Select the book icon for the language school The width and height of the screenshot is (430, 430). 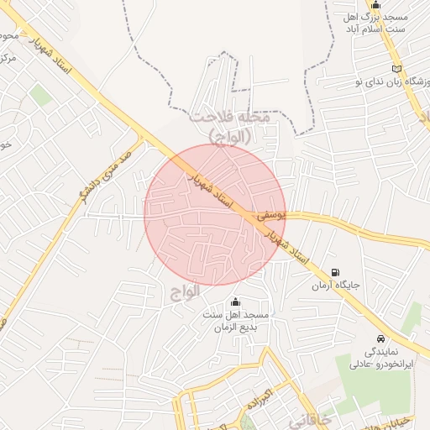coord(396,68)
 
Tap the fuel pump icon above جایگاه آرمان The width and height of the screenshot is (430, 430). coord(337,272)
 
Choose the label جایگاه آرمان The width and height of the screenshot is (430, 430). coord(336,286)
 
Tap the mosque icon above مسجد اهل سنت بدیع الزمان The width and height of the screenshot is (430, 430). coord(234,302)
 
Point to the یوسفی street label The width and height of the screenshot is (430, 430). coord(270,215)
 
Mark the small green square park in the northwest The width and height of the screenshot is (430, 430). coord(41,96)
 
